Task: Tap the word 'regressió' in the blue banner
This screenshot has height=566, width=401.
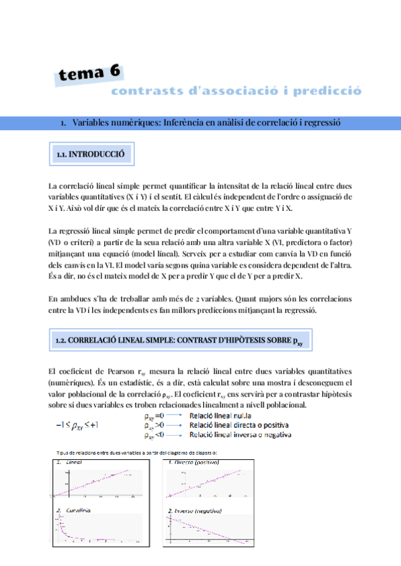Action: [319, 123]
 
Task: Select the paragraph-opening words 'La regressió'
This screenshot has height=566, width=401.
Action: [67, 231]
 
